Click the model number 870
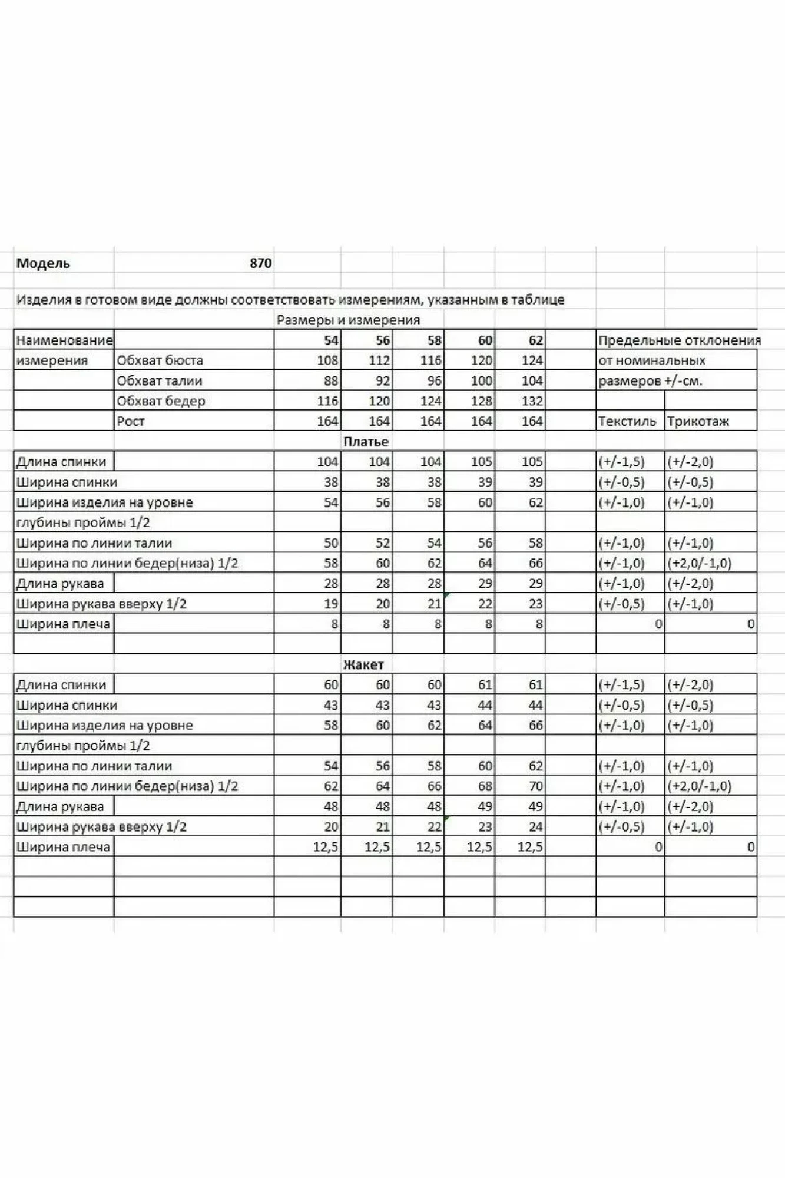coord(260,263)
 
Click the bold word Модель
coord(43,263)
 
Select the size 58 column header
coord(434,340)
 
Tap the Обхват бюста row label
coord(160,360)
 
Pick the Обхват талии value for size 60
coord(481,381)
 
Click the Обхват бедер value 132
coord(532,401)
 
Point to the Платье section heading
coord(366,442)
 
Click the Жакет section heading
coord(363,664)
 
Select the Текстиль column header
coord(627,422)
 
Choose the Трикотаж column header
coord(698,422)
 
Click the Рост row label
coord(131,422)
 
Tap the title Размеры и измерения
coord(348,320)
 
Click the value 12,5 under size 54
coord(326,847)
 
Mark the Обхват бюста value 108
coord(327,360)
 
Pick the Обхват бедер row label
coord(161,401)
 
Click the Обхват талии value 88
coord(331,381)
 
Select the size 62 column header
coord(535,340)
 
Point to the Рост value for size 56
coord(379,422)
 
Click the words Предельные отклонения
coord(680,340)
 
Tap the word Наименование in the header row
coord(64,340)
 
